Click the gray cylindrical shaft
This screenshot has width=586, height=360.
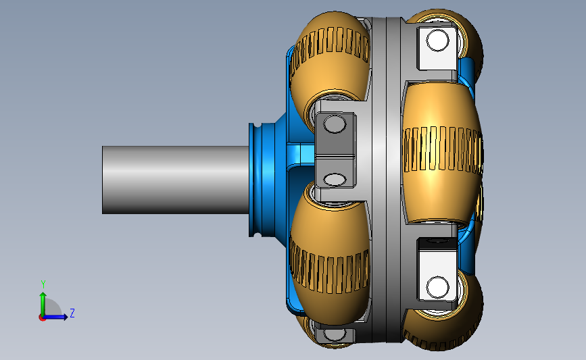point(176,180)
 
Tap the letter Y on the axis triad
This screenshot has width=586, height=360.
point(43,284)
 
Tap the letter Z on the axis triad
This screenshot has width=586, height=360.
point(72,313)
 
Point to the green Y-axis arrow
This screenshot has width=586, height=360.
point(43,305)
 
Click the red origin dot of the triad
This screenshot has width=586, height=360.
point(42,318)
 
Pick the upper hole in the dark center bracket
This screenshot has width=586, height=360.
point(335,124)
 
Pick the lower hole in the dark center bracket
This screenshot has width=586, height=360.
point(335,180)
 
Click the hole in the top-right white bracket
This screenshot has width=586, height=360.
point(437,41)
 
